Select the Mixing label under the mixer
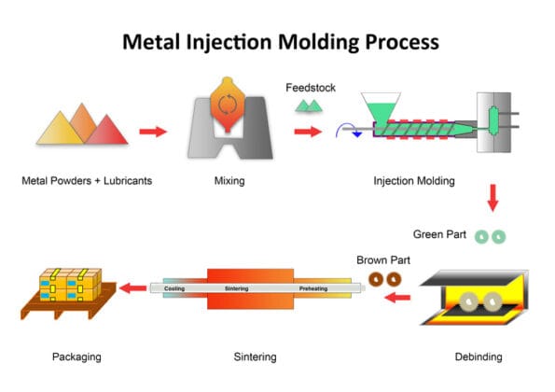pyautogui.click(x=229, y=181)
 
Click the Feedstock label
pyautogui.click(x=309, y=87)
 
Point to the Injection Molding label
pyautogui.click(x=414, y=181)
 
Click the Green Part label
pyautogui.click(x=439, y=234)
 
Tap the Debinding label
pyautogui.click(x=479, y=357)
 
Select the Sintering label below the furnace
pyautogui.click(x=254, y=357)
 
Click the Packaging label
pyautogui.click(x=76, y=357)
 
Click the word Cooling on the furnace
pyautogui.click(x=174, y=289)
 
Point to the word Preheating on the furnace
pyautogui.click(x=312, y=289)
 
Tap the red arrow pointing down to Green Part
pyautogui.click(x=492, y=198)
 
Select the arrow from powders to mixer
pyautogui.click(x=153, y=131)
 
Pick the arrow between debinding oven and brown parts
pyautogui.click(x=398, y=299)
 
